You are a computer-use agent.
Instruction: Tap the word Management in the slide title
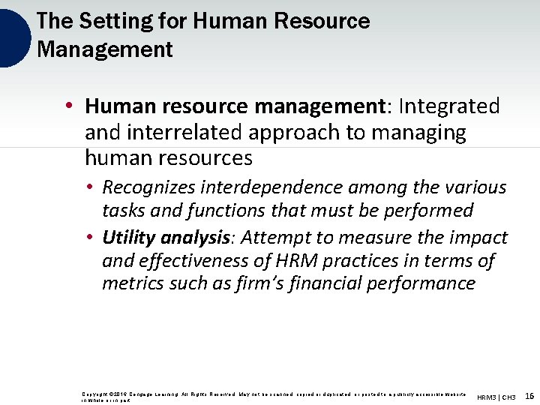coord(104,50)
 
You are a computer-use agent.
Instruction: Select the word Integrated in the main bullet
coord(449,106)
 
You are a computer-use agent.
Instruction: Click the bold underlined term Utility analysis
coord(165,238)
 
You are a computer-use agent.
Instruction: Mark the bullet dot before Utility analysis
coord(89,238)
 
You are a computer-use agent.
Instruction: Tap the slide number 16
coord(529,395)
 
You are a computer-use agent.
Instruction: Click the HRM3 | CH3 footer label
coord(496,396)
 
